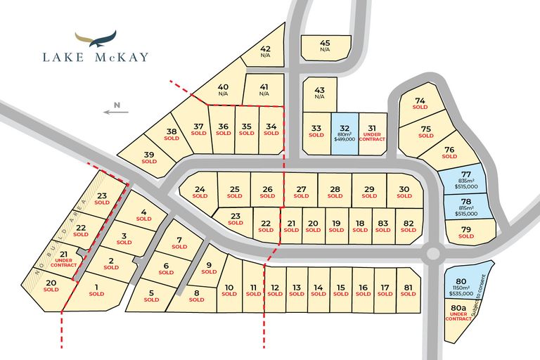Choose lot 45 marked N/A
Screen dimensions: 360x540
325,46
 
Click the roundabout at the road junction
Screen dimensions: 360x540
432,253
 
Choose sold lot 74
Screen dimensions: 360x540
420,103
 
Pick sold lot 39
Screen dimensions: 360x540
149,157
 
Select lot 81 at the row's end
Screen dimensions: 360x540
408,290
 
